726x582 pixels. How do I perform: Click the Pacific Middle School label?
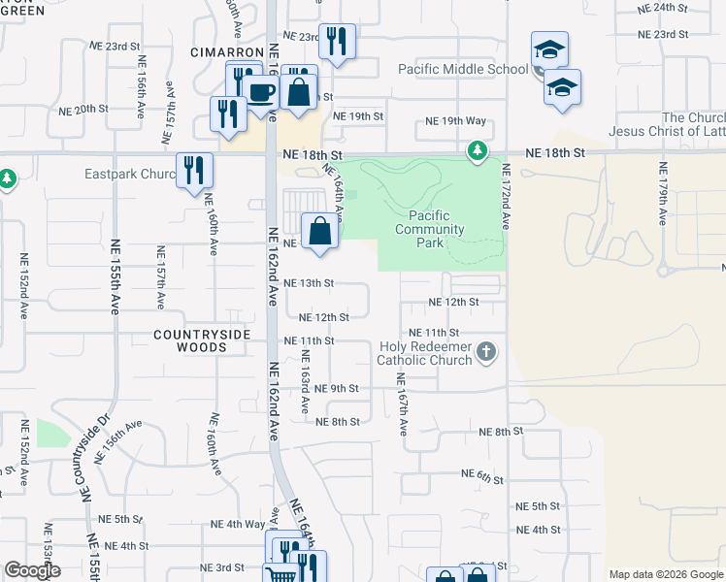[x=463, y=69]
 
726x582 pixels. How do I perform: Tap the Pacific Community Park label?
[x=429, y=229]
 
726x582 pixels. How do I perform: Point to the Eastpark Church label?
[x=127, y=175]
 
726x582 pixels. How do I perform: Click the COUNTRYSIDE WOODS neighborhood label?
[x=202, y=340]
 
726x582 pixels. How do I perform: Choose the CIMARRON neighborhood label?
[x=227, y=51]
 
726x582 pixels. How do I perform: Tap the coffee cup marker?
[x=262, y=92]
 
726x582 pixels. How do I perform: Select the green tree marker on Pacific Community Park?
[x=477, y=150]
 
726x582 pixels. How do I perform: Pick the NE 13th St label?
[x=310, y=283]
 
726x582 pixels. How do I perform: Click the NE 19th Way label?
[x=456, y=121]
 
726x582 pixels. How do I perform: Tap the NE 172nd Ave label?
[x=506, y=196]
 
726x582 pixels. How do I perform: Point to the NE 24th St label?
[x=662, y=8]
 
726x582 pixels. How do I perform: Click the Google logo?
[x=32, y=570]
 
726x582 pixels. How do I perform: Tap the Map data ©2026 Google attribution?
[x=666, y=574]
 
